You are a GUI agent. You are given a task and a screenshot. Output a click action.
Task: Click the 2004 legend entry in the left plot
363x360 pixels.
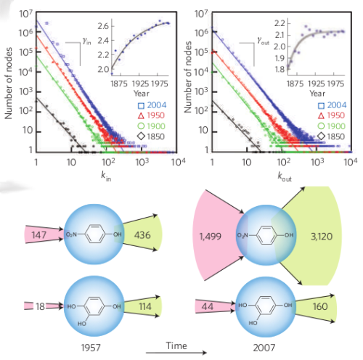pyautogui.click(x=152, y=105)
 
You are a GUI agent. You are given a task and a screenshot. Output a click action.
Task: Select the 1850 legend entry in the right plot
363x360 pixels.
pyautogui.click(x=332, y=136)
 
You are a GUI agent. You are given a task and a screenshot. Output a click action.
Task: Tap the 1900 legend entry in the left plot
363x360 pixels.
pyautogui.click(x=151, y=126)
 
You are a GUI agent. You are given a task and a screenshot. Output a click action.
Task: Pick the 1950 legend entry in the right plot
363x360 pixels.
pyautogui.click(x=331, y=115)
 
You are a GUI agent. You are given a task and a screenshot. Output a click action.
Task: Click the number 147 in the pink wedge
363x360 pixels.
pyautogui.click(x=38, y=235)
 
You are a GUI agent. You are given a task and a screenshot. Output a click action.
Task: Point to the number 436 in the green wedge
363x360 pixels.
pyautogui.click(x=142, y=235)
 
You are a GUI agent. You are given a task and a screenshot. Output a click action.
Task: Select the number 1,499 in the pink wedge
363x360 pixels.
pyautogui.click(x=210, y=237)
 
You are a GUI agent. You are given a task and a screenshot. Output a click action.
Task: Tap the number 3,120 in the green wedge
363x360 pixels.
pyautogui.click(x=322, y=237)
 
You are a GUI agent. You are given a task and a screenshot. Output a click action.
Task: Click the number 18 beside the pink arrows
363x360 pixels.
pyautogui.click(x=40, y=306)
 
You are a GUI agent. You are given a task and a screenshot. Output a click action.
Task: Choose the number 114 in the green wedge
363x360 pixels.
pyautogui.click(x=145, y=306)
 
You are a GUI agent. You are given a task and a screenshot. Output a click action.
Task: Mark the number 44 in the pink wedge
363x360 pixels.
pyautogui.click(x=208, y=306)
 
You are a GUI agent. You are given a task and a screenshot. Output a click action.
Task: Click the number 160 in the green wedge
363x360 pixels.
pyautogui.click(x=320, y=306)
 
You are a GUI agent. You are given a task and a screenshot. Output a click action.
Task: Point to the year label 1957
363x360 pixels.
pyautogui.click(x=91, y=348)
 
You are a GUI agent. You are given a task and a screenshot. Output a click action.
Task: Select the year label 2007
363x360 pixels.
pyautogui.click(x=264, y=348)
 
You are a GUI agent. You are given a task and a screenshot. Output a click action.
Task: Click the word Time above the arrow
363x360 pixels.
pyautogui.click(x=176, y=345)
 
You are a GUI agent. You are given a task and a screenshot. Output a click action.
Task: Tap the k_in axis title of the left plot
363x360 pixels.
pyautogui.click(x=106, y=176)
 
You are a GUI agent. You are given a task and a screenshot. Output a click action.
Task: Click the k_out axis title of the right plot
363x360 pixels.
pyautogui.click(x=285, y=177)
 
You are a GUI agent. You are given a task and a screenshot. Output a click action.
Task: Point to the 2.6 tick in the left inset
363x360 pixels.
pyautogui.click(x=103, y=26)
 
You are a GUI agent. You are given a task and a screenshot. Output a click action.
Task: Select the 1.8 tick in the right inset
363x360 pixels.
pyautogui.click(x=280, y=70)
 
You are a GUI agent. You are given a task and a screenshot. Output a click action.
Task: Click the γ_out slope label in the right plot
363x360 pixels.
pyautogui.click(x=263, y=41)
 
